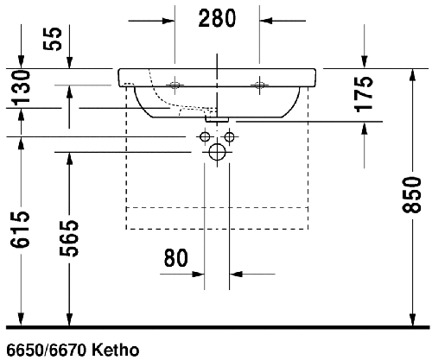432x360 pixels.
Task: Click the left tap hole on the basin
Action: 175,85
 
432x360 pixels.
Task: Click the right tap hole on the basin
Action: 257,85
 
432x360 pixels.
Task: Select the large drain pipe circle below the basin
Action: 216,153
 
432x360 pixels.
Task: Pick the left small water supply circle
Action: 205,136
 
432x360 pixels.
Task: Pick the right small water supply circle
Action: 229,136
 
